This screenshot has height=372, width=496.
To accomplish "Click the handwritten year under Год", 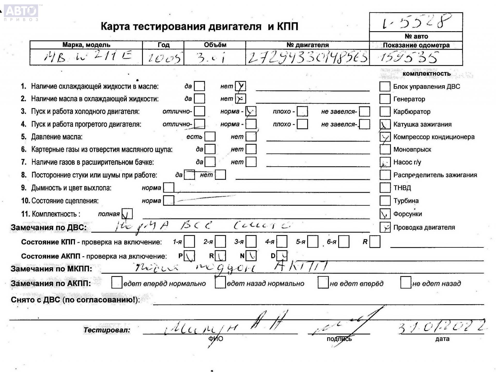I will (163, 58).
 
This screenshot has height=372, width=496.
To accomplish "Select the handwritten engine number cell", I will (307, 57).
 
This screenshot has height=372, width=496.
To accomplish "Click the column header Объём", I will (215, 45).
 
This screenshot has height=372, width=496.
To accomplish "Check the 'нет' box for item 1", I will (240, 86).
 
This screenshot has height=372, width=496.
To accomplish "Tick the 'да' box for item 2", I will (199, 99).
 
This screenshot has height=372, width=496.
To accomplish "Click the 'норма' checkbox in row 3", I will (251, 111).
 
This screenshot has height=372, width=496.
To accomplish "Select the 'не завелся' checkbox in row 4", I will (364, 124).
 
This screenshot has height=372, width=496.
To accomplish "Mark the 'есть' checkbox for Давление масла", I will (210, 137).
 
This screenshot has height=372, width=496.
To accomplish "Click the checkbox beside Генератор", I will (385, 99).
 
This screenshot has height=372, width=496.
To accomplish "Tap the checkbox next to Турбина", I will (385, 201).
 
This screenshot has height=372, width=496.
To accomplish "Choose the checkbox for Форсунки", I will (385, 214).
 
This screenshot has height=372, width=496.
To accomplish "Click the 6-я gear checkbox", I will (344, 242).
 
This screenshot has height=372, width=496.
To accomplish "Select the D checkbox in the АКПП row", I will (282, 256).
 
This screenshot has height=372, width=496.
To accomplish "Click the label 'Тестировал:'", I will (107, 330).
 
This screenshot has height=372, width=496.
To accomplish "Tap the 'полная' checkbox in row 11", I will (127, 214).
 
